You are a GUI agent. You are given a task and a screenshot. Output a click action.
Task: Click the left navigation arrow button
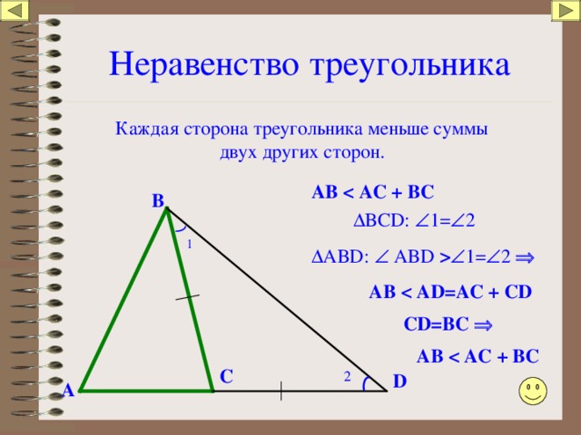[x=15, y=11]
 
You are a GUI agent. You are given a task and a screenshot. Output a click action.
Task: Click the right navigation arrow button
[x=566, y=11]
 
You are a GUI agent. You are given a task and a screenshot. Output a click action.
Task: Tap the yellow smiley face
[x=533, y=391]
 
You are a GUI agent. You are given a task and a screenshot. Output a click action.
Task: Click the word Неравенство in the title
[x=203, y=64]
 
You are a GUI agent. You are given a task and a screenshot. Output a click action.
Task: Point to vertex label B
[x=158, y=201]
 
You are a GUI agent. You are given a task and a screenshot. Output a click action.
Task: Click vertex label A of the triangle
[x=68, y=391]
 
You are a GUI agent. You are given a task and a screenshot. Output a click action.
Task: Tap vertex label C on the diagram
[x=226, y=377]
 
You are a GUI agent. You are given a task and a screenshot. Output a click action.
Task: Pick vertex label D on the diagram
[x=399, y=381]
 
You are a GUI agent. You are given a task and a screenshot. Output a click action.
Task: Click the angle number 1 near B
[x=190, y=244]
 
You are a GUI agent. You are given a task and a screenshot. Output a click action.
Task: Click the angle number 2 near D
[x=347, y=377]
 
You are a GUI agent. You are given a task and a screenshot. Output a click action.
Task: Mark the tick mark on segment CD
[x=281, y=391]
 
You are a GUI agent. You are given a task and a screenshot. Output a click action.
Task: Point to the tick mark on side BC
[x=188, y=296]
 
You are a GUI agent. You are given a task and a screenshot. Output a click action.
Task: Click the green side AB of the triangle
[x=123, y=299]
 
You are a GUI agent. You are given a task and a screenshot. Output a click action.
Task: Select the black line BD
[x=277, y=300]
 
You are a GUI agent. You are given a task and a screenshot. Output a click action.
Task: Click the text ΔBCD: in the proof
[x=381, y=221]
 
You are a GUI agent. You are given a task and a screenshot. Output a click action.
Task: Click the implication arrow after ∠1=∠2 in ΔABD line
[x=525, y=257]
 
